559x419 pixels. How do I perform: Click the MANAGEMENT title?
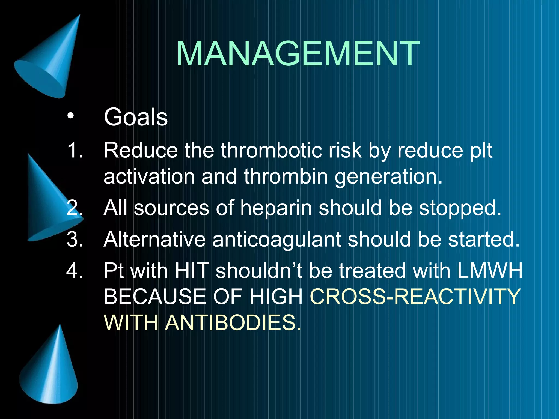298,54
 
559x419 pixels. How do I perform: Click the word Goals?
136,117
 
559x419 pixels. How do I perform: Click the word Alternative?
154,239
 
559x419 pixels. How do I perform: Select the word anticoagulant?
276,240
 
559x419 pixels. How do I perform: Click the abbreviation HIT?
192,271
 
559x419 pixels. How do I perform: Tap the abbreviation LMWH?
490,271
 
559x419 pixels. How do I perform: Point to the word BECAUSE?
155,297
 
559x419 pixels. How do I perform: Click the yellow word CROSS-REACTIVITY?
415,297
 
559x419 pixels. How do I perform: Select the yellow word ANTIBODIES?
233,322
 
